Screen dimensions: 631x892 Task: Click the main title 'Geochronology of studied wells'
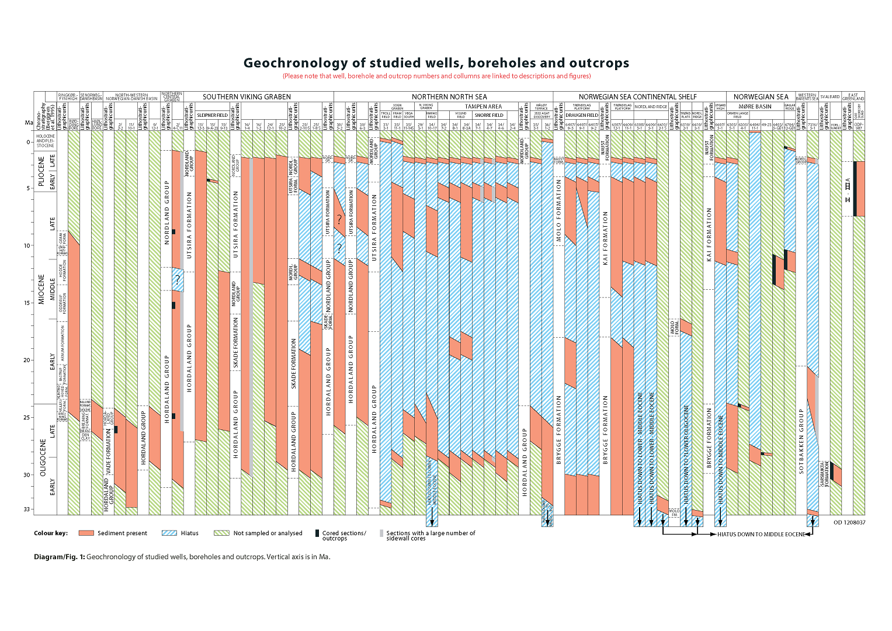[436, 63]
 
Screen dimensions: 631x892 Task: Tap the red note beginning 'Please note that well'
[436, 76]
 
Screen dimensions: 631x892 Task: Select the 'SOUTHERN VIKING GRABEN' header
[247, 97]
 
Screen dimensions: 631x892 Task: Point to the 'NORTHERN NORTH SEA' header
[449, 97]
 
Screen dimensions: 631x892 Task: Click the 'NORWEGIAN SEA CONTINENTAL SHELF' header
[638, 97]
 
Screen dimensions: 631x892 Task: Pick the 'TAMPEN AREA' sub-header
[483, 107]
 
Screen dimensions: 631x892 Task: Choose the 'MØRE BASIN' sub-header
[755, 107]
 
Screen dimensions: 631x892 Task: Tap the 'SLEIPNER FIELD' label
[213, 115]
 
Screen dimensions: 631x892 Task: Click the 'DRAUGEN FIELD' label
[582, 115]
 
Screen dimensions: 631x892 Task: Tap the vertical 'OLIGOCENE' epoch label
[43, 459]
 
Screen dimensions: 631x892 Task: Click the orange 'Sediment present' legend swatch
[86, 533]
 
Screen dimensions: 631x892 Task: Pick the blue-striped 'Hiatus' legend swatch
[169, 533]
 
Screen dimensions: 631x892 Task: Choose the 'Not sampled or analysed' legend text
[268, 533]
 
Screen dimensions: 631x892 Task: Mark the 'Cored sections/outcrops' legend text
[344, 536]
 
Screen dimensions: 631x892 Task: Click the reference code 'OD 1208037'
[849, 522]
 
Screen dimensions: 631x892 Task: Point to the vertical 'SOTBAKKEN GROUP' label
[801, 441]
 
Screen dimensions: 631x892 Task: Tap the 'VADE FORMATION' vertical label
[109, 453]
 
